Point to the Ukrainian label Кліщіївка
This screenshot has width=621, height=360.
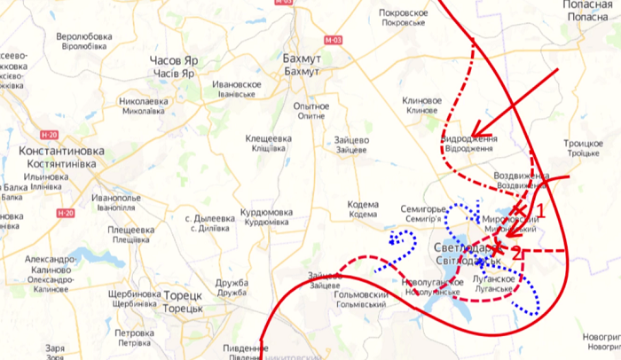coord(268,148)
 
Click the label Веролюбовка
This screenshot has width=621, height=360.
coord(83,36)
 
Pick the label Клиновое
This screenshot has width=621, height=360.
coord(421,101)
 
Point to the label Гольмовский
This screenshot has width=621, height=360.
coord(354,293)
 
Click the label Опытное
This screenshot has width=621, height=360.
coord(311,106)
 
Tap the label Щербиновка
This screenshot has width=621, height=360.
coord(132,293)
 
